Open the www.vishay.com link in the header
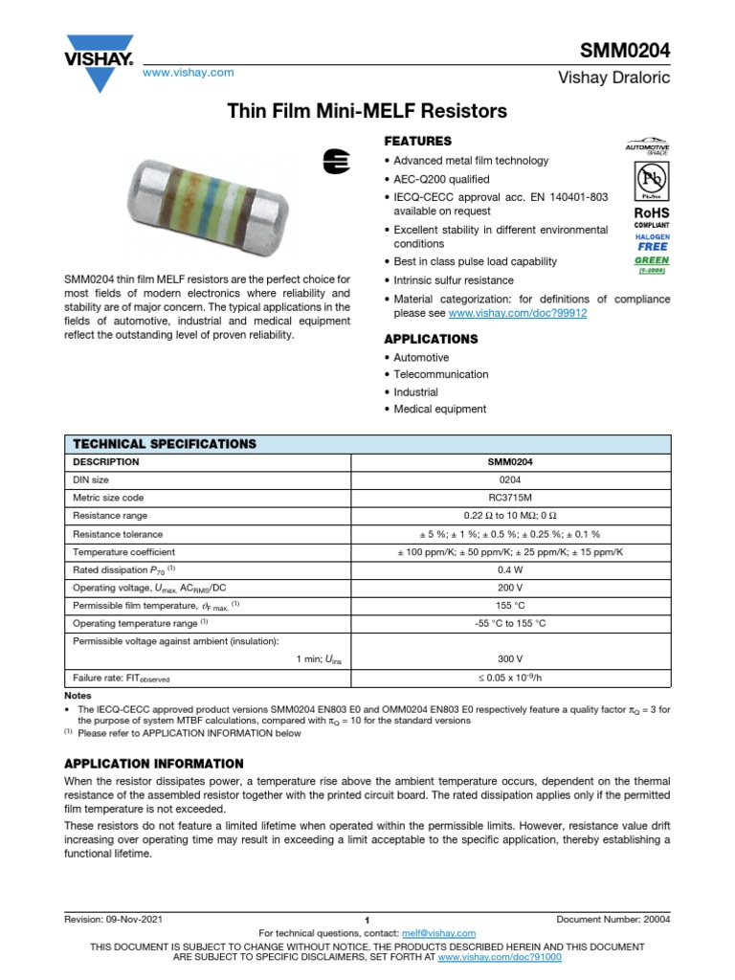188,73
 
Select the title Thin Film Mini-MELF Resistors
367,112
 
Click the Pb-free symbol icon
651,181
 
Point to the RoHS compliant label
651,217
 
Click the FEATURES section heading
417,141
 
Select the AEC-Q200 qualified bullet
441,179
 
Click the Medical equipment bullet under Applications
440,409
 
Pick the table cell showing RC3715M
511,498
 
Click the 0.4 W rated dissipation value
511,569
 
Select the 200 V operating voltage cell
511,588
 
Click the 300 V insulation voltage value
511,658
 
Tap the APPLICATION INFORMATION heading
153,764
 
